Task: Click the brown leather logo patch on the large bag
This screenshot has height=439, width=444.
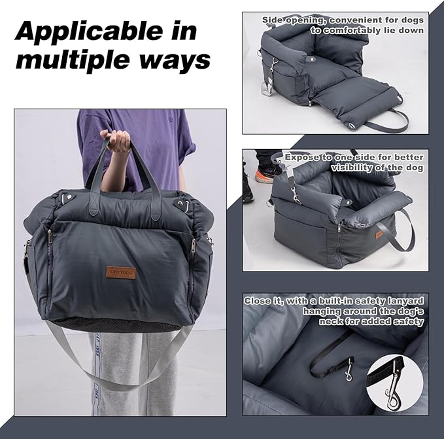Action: click(x=122, y=272)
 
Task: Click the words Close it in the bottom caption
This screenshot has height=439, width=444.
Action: click(x=266, y=300)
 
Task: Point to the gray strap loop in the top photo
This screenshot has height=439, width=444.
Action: click(x=386, y=122)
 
